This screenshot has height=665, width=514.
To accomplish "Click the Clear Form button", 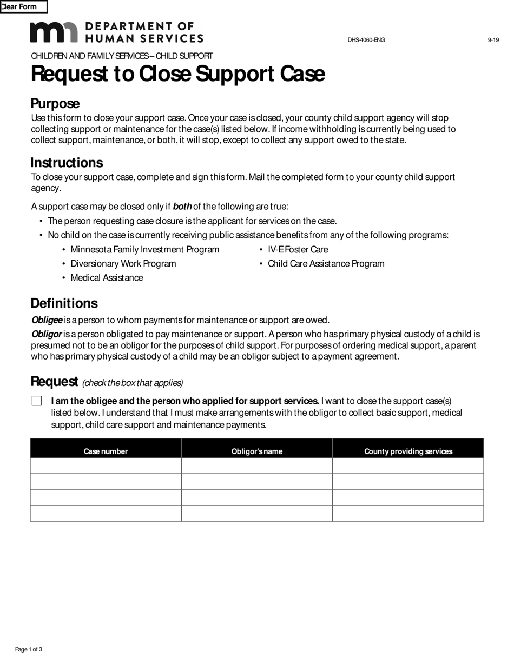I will [23, 7].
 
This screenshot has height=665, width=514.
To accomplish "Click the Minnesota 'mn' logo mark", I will [54, 32].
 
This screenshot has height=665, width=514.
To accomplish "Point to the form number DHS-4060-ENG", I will [366, 40].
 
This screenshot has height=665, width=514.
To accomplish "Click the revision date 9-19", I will [493, 40].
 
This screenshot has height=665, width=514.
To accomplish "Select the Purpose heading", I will [55, 104].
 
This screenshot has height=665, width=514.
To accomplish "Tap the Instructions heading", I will [67, 163].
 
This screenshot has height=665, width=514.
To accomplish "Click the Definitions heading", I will [64, 303].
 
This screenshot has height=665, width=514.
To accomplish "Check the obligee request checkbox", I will [37, 401].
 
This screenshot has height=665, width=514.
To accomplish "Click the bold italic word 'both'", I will [182, 207].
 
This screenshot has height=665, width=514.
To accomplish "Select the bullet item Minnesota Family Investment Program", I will [144, 249].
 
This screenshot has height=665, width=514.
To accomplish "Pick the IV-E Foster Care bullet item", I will [298, 249].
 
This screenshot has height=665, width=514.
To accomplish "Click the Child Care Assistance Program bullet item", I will [326, 264].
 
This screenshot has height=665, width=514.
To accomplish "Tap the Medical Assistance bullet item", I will [107, 278].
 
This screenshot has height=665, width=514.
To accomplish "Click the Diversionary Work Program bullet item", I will [123, 264].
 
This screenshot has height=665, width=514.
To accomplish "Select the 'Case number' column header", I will [106, 451].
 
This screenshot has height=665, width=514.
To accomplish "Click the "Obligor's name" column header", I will [257, 451].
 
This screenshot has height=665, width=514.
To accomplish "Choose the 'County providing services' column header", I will [408, 451].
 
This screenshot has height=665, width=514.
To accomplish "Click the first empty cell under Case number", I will [106, 465].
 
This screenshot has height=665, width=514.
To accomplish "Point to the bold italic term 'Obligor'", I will [47, 334].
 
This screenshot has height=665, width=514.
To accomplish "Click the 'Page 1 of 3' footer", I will [29, 649].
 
